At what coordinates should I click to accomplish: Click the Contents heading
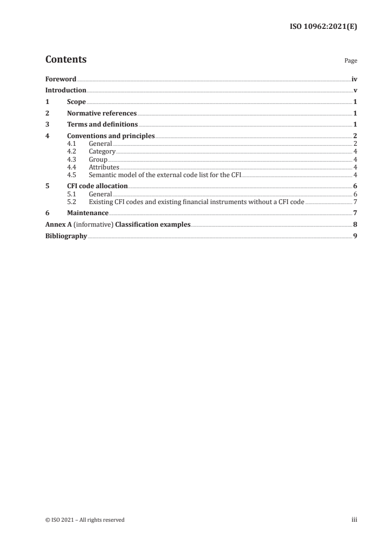pyautogui.click(x=66, y=60)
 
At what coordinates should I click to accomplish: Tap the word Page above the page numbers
pyautogui.click(x=350, y=61)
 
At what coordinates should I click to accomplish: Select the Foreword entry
pyautogui.click(x=61, y=78)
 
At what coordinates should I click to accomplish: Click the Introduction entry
pyautogui.click(x=66, y=90)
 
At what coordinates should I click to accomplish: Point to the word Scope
pyautogui.click(x=76, y=102)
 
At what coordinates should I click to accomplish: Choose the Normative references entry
pyautogui.click(x=102, y=114)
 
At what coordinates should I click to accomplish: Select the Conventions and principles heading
pyautogui.click(x=111, y=136)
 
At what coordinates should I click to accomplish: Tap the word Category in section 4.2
pyautogui.click(x=102, y=152)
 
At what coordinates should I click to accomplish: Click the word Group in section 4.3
pyautogui.click(x=98, y=159)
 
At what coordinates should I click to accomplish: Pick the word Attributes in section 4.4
pyautogui.click(x=104, y=167)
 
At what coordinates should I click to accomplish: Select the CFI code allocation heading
pyautogui.click(x=97, y=186)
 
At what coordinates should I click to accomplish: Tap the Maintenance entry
pyautogui.click(x=87, y=213)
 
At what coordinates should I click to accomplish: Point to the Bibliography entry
pyautogui.click(x=66, y=236)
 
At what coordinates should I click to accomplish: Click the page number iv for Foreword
pyautogui.click(x=354, y=78)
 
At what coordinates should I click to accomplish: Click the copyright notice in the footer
pyautogui.click(x=85, y=519)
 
